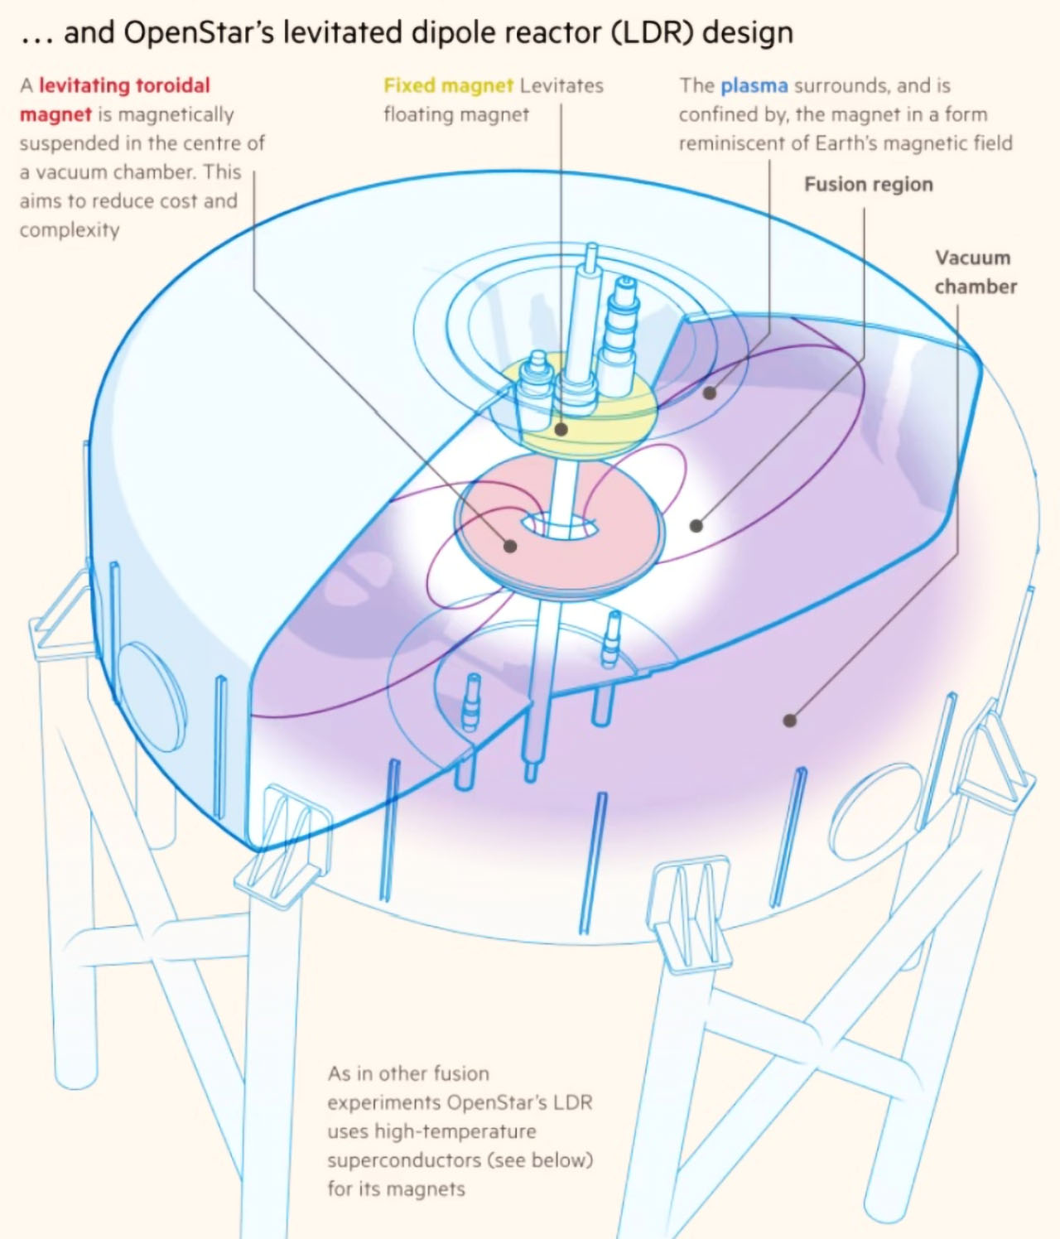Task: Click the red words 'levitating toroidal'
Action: click(125, 85)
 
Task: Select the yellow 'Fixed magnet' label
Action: click(448, 85)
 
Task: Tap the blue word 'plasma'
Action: click(754, 86)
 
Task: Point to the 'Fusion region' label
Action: click(868, 184)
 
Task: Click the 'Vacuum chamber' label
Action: click(976, 272)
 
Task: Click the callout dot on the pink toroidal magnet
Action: click(510, 546)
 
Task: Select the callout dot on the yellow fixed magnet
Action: click(561, 429)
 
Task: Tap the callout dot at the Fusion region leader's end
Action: click(696, 526)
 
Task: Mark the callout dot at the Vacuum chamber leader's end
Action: click(790, 721)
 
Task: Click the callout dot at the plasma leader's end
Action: click(710, 393)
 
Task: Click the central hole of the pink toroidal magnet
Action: click(561, 526)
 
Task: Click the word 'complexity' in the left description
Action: click(70, 230)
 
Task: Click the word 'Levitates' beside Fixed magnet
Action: click(561, 85)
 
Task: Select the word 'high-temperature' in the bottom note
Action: click(455, 1131)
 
